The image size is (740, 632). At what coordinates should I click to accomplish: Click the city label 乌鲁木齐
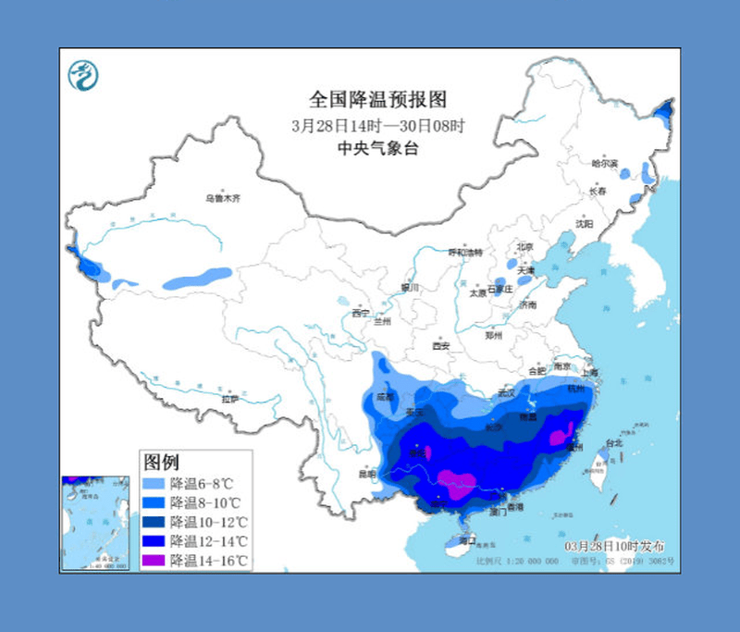[x=222, y=197]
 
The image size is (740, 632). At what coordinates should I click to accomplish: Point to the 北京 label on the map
[x=524, y=246]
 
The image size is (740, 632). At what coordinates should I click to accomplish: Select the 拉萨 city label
[x=229, y=399]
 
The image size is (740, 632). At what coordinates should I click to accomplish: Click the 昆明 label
[x=367, y=474]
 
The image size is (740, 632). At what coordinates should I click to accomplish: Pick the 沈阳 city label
[x=584, y=223]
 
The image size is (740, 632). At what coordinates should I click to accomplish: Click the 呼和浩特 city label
[x=465, y=252]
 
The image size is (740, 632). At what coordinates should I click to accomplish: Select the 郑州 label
[x=493, y=336]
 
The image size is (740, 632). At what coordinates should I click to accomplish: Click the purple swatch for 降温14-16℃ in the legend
[x=154, y=560]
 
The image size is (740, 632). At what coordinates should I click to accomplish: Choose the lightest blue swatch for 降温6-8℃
[x=154, y=483]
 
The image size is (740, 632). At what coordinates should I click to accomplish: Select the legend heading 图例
[x=160, y=462]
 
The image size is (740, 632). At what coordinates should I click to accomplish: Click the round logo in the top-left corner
[x=83, y=74]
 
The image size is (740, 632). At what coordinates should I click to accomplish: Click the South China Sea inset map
[x=96, y=523]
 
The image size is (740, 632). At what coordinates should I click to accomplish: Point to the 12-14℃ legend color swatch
[x=154, y=540]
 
